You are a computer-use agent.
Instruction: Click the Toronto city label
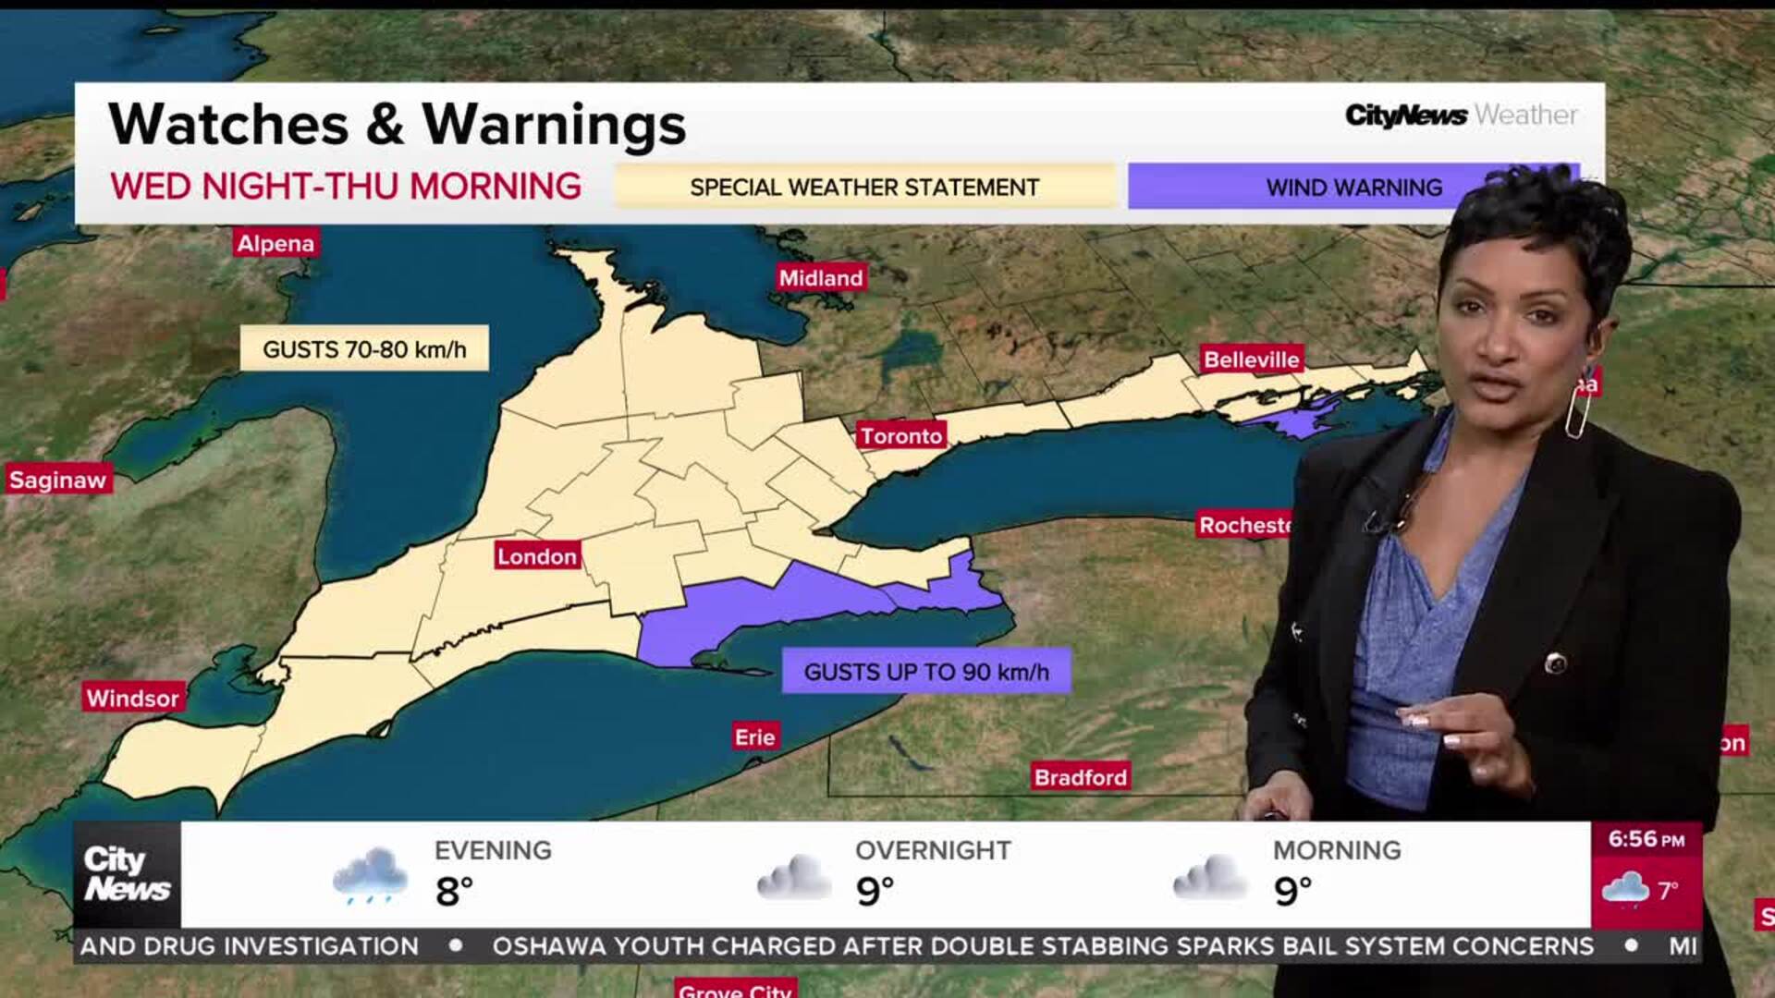[901, 436]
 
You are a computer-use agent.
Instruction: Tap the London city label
[537, 556]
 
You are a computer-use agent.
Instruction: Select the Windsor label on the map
[133, 698]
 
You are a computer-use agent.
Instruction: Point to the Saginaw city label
[58, 480]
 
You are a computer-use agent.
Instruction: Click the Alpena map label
[275, 243]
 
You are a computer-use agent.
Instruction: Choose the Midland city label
[821, 277]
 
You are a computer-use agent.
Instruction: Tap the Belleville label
[1251, 359]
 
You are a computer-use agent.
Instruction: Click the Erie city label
[755, 737]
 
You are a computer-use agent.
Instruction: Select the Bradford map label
[1080, 777]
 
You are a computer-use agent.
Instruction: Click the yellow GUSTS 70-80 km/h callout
[364, 349]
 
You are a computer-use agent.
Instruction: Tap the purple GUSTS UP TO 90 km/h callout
[926, 672]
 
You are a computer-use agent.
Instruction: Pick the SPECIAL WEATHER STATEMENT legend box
[864, 187]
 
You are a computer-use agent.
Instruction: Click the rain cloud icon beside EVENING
[370, 875]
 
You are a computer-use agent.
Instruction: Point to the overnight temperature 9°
[875, 892]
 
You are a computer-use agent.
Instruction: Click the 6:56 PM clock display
[1646, 840]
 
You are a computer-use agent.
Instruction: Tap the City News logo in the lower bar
[127, 874]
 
